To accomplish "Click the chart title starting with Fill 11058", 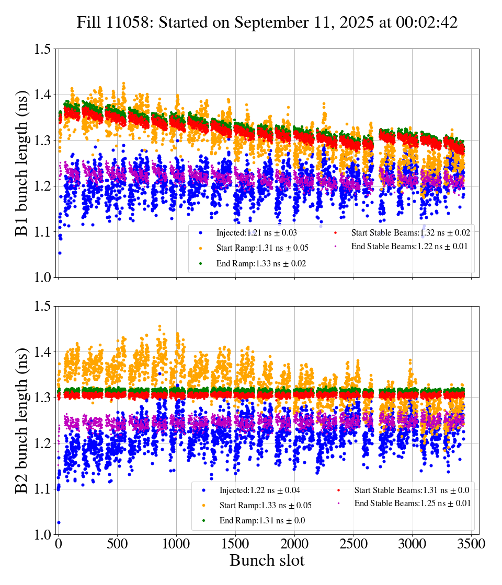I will coord(267,22).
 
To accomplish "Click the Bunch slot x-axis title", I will coord(267,561).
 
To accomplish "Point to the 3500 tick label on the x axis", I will coord(471,544).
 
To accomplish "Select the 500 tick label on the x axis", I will coord(117,544).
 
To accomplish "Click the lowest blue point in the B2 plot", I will coord(59,522).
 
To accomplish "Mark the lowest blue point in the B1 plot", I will coord(60,253).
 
